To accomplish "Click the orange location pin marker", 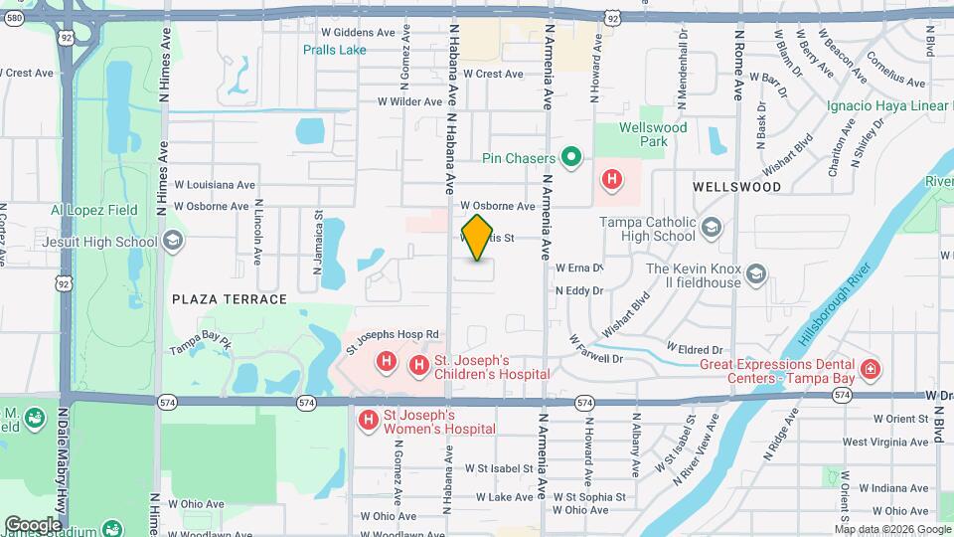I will tap(478, 238).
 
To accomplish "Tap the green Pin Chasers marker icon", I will tap(570, 157).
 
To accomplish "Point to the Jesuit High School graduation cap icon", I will tap(172, 241).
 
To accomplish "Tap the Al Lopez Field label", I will tap(94, 211).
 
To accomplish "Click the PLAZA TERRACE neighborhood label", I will tap(229, 299).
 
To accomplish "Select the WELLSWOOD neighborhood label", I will tap(736, 186).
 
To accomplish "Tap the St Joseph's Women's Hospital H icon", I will tap(369, 421).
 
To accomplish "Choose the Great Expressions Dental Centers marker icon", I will tap(871, 370).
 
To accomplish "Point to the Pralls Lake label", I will tap(335, 50).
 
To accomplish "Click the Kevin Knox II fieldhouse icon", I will tap(756, 274).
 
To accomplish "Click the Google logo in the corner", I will tap(33, 524).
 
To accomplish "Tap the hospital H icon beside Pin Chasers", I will tap(613, 180).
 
